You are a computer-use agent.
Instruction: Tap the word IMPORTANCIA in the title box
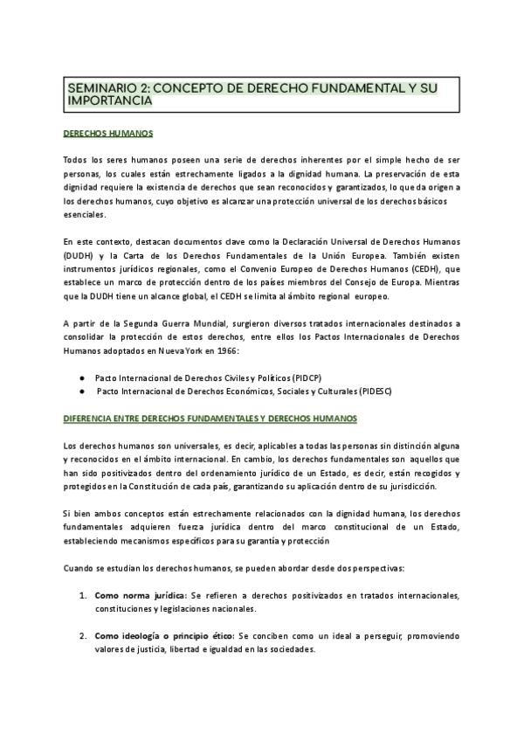110,101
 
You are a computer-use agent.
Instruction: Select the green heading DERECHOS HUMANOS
108,134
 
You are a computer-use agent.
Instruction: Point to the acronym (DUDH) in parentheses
79,254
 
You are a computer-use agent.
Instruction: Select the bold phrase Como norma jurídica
141,595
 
